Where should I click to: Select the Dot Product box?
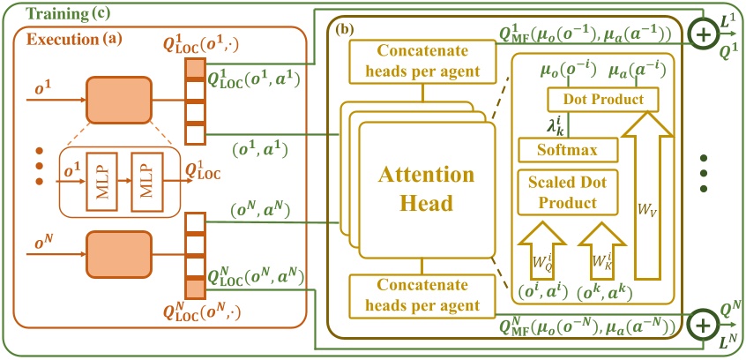(604, 100)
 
